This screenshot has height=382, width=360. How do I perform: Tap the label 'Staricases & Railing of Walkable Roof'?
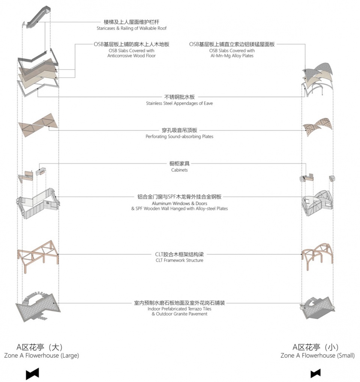132,28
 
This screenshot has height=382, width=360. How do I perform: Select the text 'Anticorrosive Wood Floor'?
132,56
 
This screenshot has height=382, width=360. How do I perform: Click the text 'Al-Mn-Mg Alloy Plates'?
232,56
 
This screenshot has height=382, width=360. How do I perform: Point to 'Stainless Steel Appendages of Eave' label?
179,103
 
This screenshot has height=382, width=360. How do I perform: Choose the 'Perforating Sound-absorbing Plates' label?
179,137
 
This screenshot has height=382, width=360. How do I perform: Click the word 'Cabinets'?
179,170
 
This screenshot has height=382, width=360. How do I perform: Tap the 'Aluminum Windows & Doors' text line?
179,203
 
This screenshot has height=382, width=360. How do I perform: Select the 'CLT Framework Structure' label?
179,260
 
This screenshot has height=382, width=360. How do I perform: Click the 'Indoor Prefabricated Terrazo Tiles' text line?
179,309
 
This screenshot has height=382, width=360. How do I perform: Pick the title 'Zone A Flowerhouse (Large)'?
42,355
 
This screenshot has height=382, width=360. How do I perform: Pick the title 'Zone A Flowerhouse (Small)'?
317,355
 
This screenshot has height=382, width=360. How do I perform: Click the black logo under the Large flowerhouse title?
32,373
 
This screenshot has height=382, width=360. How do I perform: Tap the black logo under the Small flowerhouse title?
315,373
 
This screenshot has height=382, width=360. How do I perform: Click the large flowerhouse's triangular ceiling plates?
39,124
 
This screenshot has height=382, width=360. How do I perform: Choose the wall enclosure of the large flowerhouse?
39,204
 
